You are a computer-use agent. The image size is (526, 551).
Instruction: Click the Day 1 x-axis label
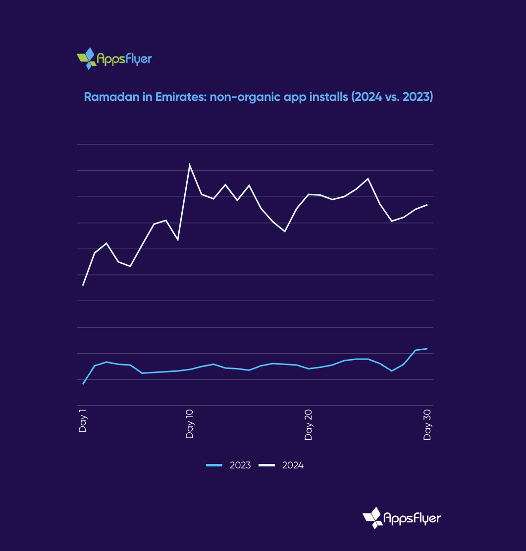pos(82,420)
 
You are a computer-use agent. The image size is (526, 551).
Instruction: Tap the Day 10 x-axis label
pos(189,423)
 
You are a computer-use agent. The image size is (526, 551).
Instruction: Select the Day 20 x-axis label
pos(309,424)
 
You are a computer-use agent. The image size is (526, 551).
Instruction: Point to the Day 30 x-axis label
pos(427,424)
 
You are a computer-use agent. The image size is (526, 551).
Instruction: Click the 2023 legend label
pos(240,465)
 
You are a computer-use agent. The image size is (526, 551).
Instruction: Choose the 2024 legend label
pos(293,465)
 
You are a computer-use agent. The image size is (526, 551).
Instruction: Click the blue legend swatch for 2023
pos(214,465)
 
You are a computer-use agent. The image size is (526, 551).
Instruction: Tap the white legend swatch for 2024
pos(267,465)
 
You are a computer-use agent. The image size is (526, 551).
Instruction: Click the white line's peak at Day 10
pos(190,165)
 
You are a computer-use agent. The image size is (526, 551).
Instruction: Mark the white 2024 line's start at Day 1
pos(83,285)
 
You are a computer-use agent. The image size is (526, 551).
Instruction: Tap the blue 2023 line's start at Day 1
pos(83,384)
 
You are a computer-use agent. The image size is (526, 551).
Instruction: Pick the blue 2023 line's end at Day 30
pos(427,349)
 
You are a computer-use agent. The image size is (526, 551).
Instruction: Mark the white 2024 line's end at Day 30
pos(427,205)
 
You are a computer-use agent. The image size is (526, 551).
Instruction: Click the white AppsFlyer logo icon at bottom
pos(372,517)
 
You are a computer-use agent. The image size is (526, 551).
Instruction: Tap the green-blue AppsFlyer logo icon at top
pos(87,58)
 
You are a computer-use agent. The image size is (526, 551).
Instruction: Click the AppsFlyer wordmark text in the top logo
pos(124,60)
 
